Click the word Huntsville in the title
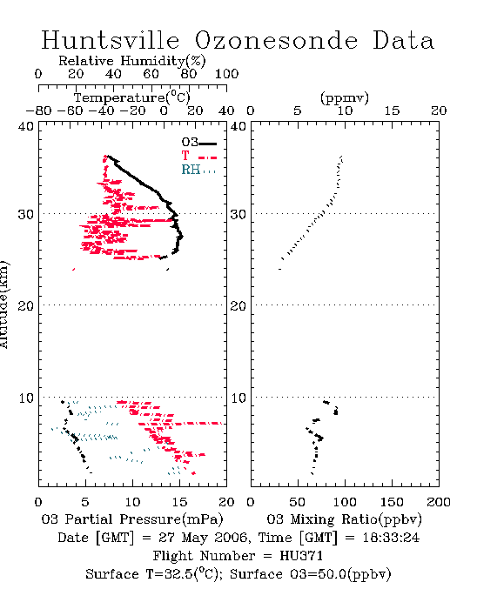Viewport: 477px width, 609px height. coord(111,40)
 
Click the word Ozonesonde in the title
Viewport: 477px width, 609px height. coord(276,40)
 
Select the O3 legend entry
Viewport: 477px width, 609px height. coord(198,142)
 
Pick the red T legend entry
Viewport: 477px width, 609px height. coord(198,156)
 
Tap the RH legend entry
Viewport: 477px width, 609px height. coord(198,170)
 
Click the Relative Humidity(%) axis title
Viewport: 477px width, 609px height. coord(132,61)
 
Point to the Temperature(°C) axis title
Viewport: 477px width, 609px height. coord(132,97)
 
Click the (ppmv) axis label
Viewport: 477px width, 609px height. coord(345,97)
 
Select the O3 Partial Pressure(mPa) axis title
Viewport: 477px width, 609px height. coord(132,519)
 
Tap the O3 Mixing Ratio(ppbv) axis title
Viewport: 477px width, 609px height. coord(344,519)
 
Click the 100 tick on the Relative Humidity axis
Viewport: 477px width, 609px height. coord(226,74)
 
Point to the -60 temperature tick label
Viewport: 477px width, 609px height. coord(70,110)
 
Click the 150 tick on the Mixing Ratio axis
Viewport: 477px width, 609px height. coord(392,502)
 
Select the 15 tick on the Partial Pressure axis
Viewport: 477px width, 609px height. coord(179,502)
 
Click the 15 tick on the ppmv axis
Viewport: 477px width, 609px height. coord(392,110)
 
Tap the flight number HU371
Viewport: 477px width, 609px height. coord(301,556)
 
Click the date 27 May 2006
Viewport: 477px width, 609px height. coord(203,538)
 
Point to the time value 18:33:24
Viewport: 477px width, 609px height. coord(391,538)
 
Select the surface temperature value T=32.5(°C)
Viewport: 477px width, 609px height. coord(184,574)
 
